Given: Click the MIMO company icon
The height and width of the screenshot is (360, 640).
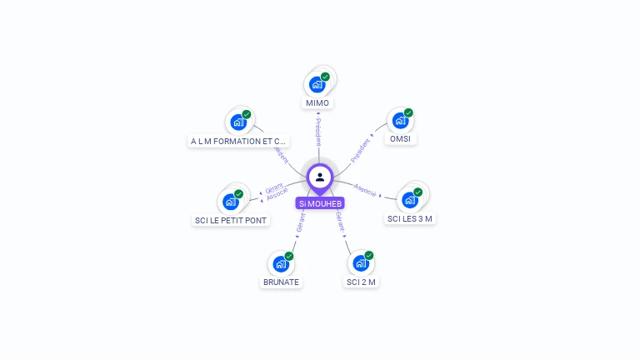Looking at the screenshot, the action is [317, 84].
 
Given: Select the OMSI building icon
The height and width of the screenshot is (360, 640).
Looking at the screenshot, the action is [401, 121].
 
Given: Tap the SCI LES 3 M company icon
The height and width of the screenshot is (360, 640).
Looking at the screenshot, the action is [409, 200].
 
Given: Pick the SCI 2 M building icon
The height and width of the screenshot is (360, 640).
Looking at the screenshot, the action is [361, 263].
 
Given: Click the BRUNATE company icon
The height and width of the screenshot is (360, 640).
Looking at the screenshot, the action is [281, 264].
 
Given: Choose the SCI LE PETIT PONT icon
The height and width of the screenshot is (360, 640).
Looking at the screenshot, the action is [230, 202].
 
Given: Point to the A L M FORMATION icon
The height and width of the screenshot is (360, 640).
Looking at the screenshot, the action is [238, 122].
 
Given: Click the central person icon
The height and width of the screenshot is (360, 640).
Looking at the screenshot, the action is [320, 177].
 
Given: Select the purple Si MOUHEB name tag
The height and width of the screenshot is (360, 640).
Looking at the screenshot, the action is [320, 203].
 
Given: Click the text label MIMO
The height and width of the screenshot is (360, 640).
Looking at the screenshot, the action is [317, 103].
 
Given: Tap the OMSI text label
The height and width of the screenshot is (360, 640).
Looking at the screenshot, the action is [400, 139].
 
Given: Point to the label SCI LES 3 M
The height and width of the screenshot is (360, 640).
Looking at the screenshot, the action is [411, 218].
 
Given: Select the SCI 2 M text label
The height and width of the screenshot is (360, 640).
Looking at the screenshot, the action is [362, 282].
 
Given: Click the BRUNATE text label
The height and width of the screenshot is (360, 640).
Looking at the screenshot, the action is [281, 282].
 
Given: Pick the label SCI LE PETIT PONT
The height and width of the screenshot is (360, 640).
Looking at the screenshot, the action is [232, 221].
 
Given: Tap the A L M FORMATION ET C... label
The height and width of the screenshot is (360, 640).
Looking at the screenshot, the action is [238, 142].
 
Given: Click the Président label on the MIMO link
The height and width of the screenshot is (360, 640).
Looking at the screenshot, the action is [318, 132].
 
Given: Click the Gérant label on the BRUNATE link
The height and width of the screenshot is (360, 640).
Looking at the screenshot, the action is [301, 222].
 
